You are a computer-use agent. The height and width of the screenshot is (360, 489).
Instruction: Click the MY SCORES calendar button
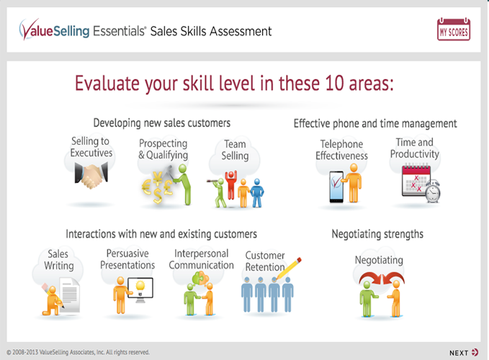454,30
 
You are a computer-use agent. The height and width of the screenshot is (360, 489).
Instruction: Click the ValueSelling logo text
54,30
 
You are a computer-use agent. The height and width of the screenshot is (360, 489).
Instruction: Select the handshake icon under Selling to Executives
91,176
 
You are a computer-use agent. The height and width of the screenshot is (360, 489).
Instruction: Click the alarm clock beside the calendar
433,192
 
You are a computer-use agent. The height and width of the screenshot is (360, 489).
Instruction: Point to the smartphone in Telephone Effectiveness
336,186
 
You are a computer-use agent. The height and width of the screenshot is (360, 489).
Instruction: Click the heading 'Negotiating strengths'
377,234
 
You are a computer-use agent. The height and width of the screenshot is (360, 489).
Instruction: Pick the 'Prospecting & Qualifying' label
163,149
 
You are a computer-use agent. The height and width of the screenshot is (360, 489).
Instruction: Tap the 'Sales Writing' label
58,260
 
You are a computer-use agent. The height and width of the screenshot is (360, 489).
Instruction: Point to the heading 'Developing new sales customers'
162,123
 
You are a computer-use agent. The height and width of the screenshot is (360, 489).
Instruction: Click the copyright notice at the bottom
78,352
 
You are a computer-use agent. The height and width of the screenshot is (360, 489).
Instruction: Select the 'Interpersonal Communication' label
201,259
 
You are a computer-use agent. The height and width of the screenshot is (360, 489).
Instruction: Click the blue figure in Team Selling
257,193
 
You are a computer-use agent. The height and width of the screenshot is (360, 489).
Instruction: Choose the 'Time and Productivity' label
415,148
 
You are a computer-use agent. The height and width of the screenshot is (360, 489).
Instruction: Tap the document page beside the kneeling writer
70,295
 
